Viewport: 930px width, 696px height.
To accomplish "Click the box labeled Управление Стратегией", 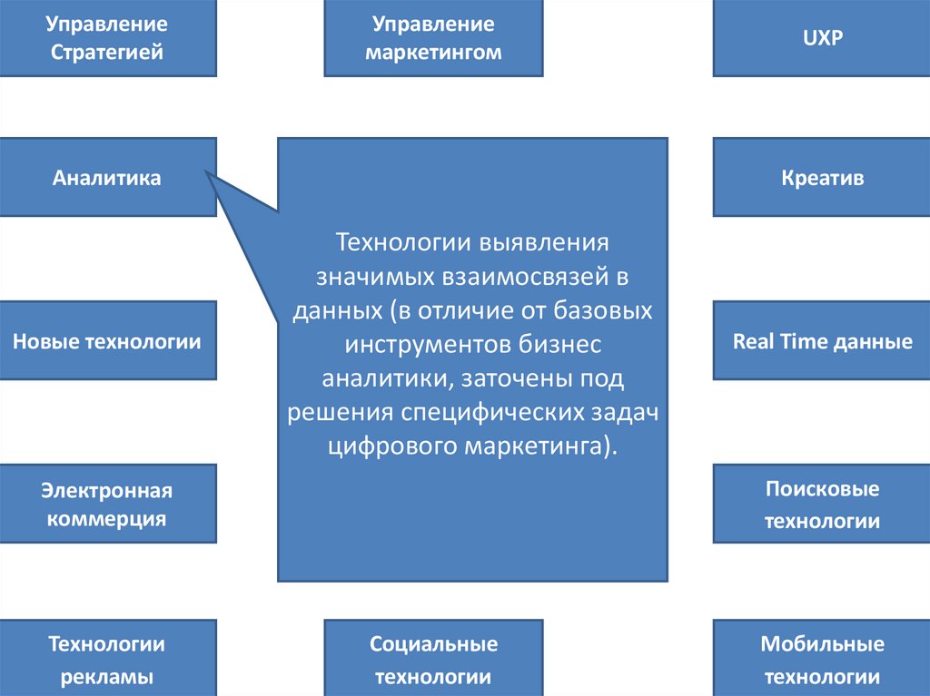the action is click(107, 37).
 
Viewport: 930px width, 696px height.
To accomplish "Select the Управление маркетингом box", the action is click(433, 37).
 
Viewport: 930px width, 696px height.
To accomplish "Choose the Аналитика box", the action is click(107, 177).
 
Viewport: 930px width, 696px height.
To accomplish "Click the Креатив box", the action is click(822, 177).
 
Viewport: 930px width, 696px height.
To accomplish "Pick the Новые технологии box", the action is click(107, 341).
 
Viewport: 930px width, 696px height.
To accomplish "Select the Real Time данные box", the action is click(822, 341).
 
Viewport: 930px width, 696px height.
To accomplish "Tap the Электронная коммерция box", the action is click(107, 505).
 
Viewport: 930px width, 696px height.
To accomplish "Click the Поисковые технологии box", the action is click(822, 505).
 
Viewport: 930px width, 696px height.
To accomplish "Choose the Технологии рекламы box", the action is click(107, 660).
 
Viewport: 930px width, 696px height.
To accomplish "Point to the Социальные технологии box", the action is click(433, 660).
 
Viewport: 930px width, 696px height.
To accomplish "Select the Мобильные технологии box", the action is click(822, 660).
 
